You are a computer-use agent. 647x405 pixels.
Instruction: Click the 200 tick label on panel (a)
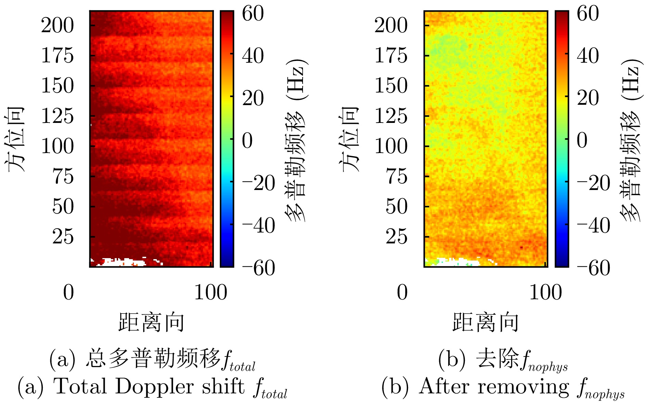tap(57, 25)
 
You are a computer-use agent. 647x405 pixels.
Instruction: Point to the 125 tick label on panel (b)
tap(391, 116)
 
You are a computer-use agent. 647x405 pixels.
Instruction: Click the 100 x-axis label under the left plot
tap(211, 293)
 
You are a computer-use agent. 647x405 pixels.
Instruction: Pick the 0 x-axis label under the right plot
tap(402, 293)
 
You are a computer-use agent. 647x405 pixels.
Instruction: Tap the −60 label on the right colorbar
tap(593, 268)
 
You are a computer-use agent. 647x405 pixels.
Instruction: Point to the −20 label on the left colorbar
tap(258, 183)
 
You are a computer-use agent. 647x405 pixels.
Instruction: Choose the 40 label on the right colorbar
tap(588, 55)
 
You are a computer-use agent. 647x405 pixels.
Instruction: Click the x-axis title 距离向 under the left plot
tap(151, 322)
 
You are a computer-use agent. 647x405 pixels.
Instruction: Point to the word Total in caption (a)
tap(80, 387)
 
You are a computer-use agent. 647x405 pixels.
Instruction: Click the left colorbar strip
tap(227, 139)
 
